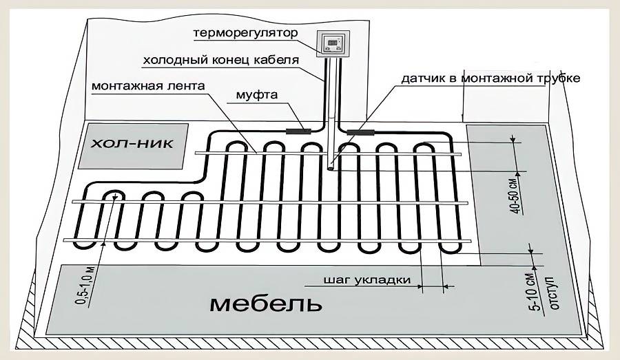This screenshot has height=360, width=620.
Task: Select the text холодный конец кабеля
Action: (220, 60)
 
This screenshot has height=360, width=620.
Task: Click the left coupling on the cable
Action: (298, 129)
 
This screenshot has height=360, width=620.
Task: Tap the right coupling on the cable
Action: (360, 130)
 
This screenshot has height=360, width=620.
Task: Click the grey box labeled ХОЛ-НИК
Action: (132, 145)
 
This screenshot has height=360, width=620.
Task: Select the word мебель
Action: (265, 302)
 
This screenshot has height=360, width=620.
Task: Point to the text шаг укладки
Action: (367, 280)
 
